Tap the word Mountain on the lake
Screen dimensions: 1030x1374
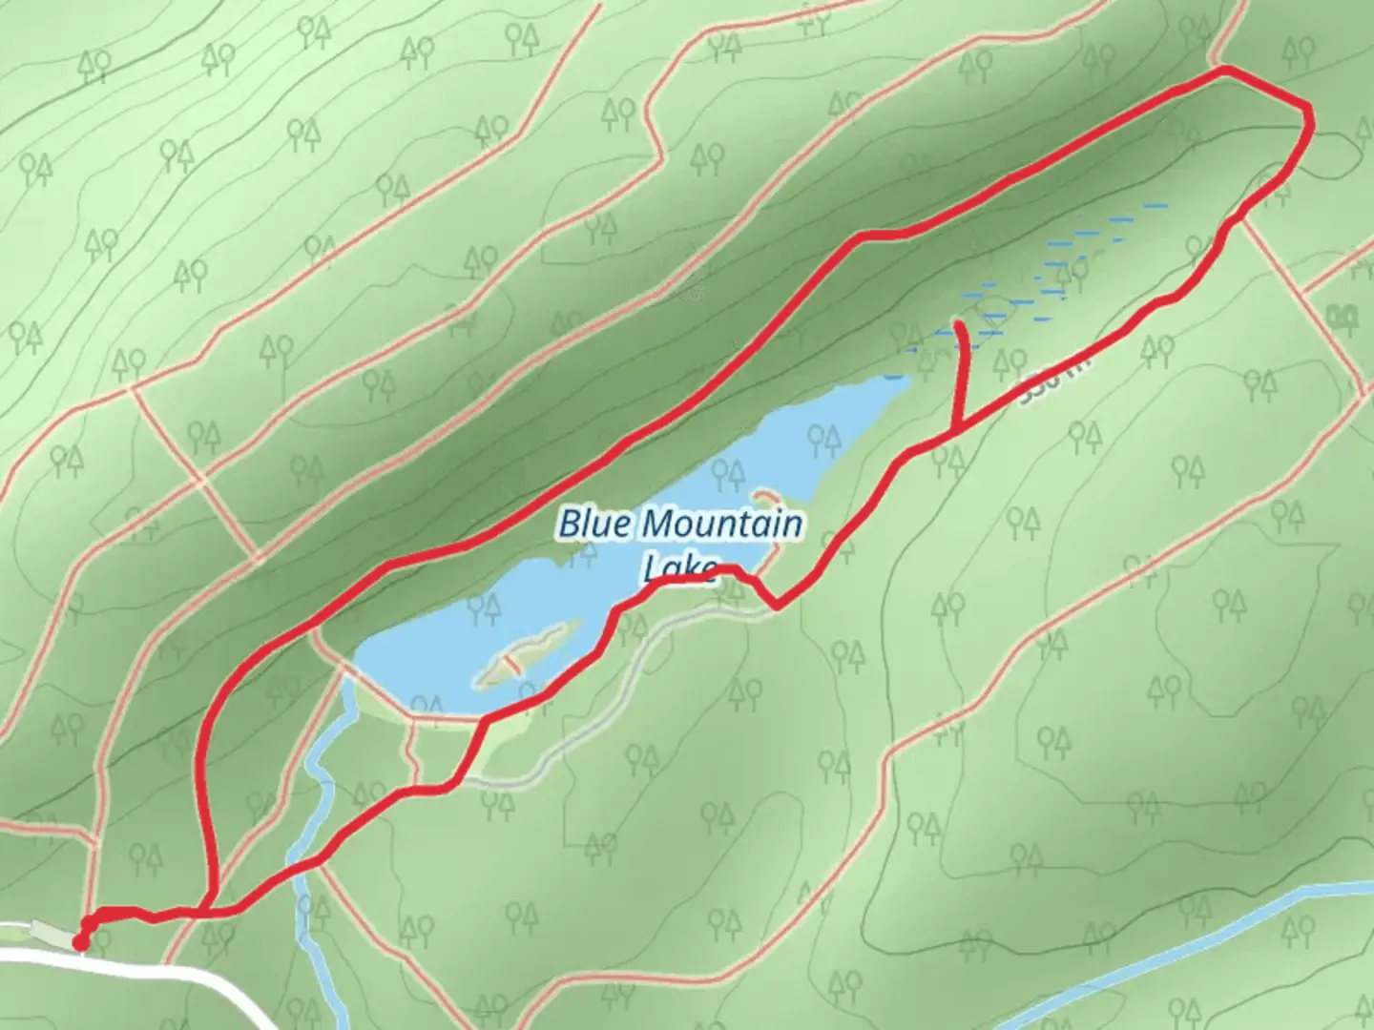pos(721,524)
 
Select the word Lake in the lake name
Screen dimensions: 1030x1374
pos(679,569)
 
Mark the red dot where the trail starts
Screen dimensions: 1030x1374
pos(80,942)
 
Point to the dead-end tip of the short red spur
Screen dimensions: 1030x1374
pos(957,325)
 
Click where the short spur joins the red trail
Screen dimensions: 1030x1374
pos(957,431)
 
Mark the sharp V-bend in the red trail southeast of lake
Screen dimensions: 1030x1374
pos(778,605)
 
